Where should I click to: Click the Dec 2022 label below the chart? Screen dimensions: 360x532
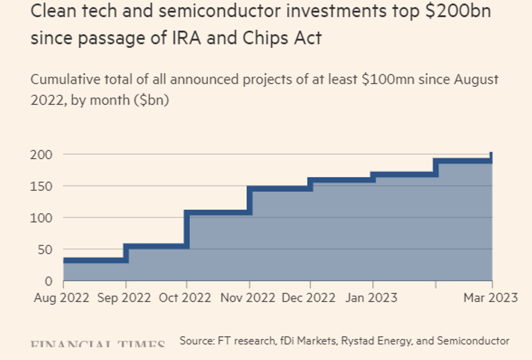click(x=310, y=297)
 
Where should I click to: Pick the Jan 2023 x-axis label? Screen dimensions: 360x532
click(x=372, y=297)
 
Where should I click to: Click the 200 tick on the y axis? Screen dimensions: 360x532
click(x=42, y=154)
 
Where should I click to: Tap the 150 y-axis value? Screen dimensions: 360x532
click(x=42, y=186)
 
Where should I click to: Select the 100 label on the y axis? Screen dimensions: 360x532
click(x=42, y=217)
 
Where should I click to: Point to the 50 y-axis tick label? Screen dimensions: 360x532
click(x=45, y=250)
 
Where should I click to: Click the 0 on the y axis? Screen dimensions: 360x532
click(x=49, y=281)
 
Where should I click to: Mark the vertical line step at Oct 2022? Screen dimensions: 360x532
click(x=186, y=229)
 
